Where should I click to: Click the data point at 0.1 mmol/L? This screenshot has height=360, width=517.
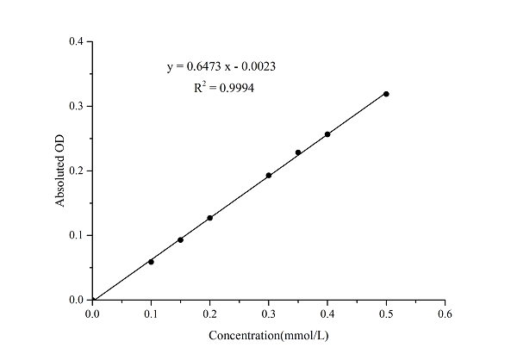tap(151, 262)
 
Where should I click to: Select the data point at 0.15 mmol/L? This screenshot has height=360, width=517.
tap(180, 239)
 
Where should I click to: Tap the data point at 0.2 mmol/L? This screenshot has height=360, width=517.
tap(209, 218)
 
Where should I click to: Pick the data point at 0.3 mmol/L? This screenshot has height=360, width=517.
tap(269, 175)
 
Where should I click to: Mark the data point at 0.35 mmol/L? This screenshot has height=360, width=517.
tap(298, 152)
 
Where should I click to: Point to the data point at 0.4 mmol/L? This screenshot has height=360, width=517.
tap(327, 134)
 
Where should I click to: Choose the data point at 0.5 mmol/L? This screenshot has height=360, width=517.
tap(386, 93)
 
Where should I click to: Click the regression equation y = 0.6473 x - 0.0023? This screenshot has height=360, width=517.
tap(221, 66)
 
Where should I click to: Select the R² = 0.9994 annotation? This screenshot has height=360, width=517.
tap(224, 87)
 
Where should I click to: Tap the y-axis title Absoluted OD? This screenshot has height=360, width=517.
tap(60, 171)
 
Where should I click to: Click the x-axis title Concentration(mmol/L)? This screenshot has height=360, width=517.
tap(269, 335)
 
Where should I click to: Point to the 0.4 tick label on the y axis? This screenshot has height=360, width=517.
tap(77, 41)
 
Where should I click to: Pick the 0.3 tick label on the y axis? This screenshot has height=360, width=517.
tap(77, 106)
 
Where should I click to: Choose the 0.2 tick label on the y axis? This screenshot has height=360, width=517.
tap(77, 171)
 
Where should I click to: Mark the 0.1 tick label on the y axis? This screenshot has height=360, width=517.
tap(77, 235)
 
